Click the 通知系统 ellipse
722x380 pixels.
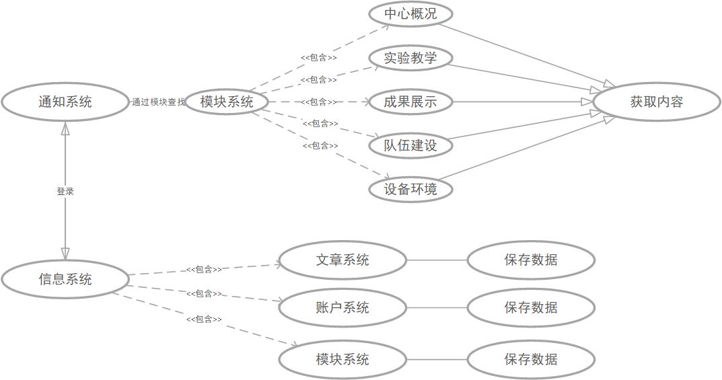(x=65, y=102)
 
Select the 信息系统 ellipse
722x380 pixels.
(x=65, y=279)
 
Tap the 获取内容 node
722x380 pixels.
(x=656, y=102)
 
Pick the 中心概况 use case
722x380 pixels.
(x=410, y=14)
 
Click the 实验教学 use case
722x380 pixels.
(x=410, y=58)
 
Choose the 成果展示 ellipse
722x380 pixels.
(x=410, y=102)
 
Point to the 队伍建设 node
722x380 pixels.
(x=410, y=145)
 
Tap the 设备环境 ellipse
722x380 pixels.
(x=410, y=189)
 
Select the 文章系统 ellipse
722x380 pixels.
(x=342, y=260)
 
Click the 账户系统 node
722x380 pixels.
(x=342, y=307)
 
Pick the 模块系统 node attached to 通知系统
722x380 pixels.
(x=227, y=102)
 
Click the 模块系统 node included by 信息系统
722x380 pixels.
(x=342, y=358)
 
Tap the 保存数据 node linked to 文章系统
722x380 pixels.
(x=531, y=260)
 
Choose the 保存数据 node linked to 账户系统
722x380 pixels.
(x=531, y=307)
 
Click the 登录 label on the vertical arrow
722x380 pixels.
(x=65, y=192)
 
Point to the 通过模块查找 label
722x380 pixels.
(x=159, y=102)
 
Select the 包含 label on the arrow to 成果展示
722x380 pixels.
(x=319, y=102)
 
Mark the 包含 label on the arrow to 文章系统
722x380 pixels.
(x=204, y=270)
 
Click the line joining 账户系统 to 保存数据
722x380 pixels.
(x=437, y=307)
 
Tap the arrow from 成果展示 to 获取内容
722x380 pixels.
(x=518, y=102)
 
